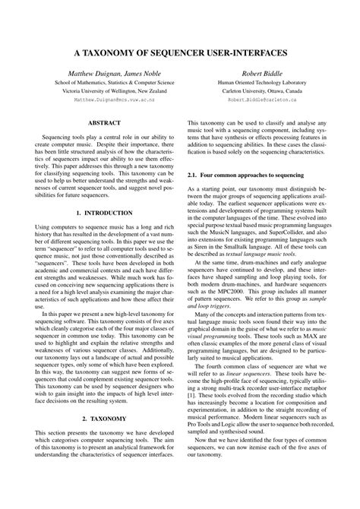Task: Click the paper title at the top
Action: (180, 55)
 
